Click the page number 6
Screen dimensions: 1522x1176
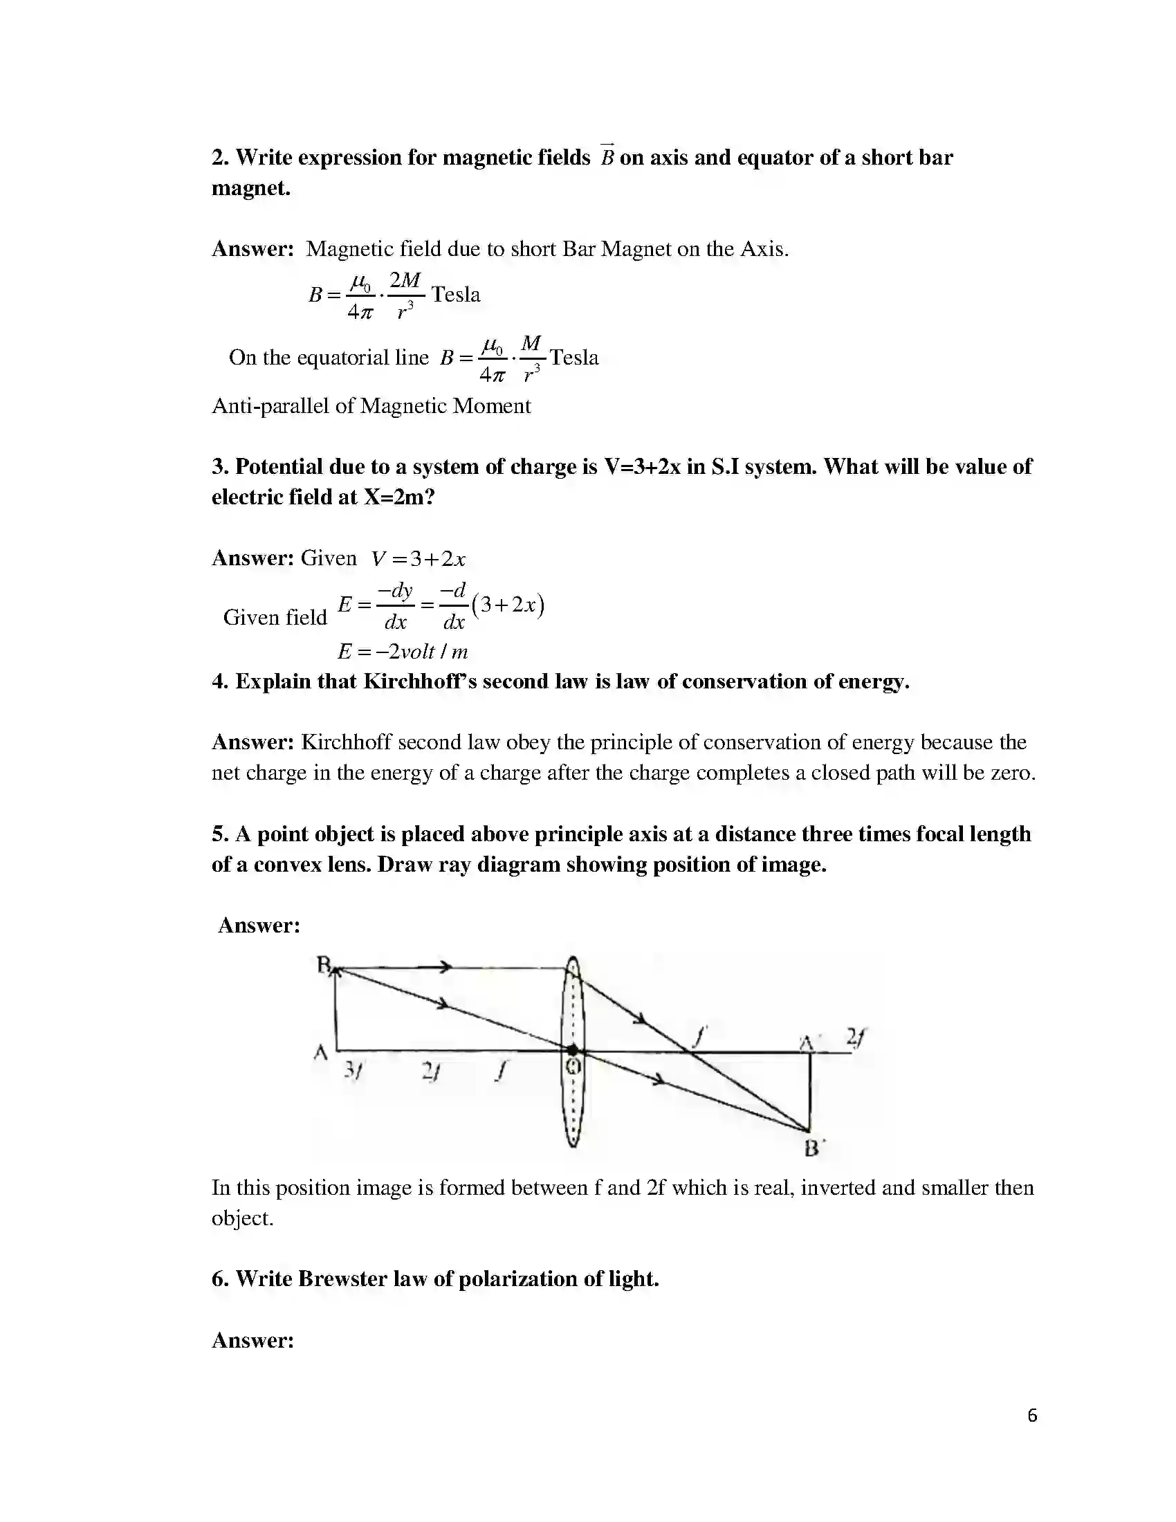pyautogui.click(x=1032, y=1415)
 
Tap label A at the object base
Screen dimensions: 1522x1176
pyautogui.click(x=320, y=1052)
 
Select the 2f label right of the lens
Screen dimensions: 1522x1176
pyautogui.click(x=856, y=1037)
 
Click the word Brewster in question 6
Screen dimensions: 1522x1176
pyautogui.click(x=341, y=1278)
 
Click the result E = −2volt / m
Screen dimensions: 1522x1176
pyautogui.click(x=403, y=652)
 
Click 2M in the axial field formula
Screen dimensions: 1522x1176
pyautogui.click(x=405, y=280)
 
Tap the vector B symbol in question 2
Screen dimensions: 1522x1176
pyautogui.click(x=607, y=156)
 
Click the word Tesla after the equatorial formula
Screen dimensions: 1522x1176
pyautogui.click(x=574, y=358)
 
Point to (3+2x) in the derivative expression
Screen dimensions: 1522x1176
pyautogui.click(x=508, y=604)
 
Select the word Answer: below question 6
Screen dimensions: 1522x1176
pyautogui.click(x=252, y=1340)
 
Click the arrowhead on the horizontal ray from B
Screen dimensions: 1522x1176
pyautogui.click(x=445, y=966)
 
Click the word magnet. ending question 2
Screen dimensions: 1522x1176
pyautogui.click(x=251, y=188)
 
